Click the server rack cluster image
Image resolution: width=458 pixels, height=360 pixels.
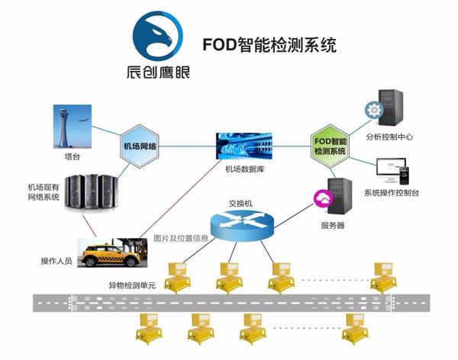click(x=90, y=194)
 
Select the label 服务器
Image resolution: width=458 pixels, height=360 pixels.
click(x=333, y=226)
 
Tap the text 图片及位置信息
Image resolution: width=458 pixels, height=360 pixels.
click(x=180, y=237)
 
